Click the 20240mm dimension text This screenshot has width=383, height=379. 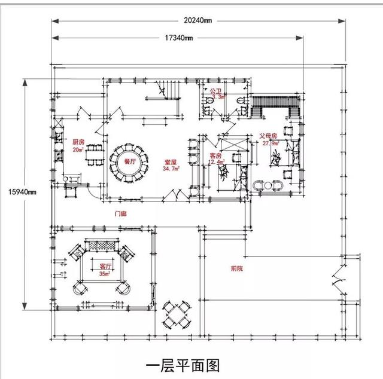click(198, 19)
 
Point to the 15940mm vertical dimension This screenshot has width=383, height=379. click(23, 192)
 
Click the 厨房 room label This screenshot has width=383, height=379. click(78, 143)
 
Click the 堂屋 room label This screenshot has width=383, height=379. click(171, 162)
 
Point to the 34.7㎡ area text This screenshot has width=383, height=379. click(171, 169)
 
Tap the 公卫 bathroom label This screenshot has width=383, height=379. click(216, 90)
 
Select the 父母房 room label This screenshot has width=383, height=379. click(268, 136)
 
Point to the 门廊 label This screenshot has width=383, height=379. click(120, 213)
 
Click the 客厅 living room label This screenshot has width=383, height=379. click(105, 266)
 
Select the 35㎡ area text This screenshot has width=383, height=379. click(105, 274)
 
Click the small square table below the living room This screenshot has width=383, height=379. click(177, 314)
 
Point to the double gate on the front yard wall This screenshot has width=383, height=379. click(339, 281)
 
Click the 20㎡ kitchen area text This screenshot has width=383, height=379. click(78, 150)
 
